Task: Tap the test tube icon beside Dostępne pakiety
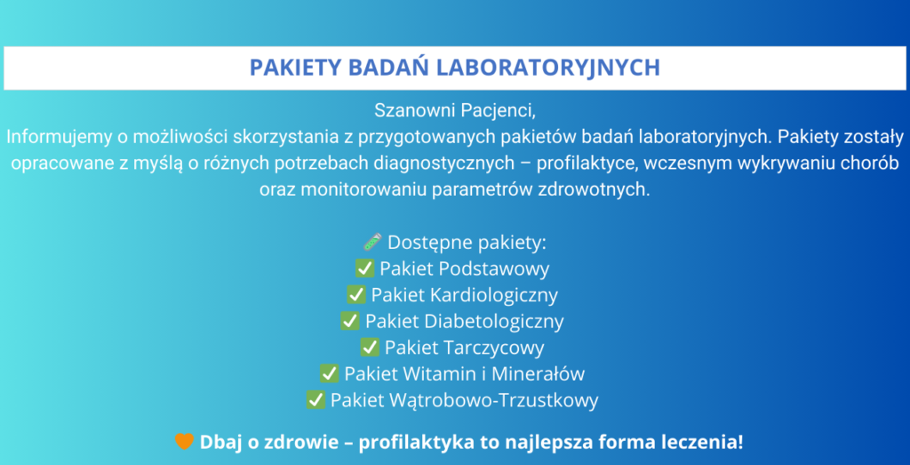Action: click(x=372, y=242)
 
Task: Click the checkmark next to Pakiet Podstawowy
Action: click(x=365, y=269)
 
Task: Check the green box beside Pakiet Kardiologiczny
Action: click(x=356, y=294)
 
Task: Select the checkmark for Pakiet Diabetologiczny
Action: click(x=350, y=320)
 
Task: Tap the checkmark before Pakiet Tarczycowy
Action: click(x=370, y=347)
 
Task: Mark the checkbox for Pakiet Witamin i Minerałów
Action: click(x=330, y=373)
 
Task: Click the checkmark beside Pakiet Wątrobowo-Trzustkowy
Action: click(x=315, y=400)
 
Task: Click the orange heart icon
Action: click(x=184, y=442)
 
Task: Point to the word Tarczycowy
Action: click(x=494, y=349)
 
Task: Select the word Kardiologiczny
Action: click(x=495, y=295)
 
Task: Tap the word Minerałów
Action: click(x=538, y=373)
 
